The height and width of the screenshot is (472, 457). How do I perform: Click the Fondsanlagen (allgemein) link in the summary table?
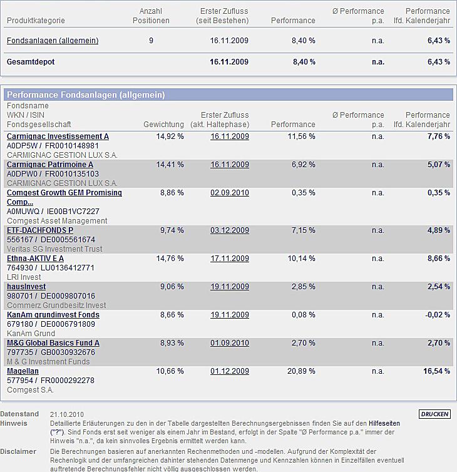coord(53,41)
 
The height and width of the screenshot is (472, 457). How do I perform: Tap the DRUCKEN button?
coord(434,414)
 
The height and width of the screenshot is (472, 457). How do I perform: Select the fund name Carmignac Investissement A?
coord(58,136)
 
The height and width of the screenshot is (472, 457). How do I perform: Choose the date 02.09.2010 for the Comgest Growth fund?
coord(230,193)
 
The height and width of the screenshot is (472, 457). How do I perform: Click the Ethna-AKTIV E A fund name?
coord(35,259)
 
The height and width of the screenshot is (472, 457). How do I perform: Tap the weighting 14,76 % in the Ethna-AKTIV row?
coord(170,259)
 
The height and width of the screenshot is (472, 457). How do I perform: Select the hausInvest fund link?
coord(26,287)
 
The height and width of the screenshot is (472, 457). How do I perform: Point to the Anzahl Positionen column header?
coord(151,16)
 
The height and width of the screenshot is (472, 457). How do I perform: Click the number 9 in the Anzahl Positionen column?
coord(151,41)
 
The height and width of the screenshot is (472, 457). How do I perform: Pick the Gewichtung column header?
coord(163,125)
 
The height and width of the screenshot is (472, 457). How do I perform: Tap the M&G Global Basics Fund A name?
coord(53,343)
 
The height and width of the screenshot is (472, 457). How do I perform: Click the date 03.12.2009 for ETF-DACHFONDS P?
coord(230,230)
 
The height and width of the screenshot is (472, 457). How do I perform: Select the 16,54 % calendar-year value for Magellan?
coord(436,371)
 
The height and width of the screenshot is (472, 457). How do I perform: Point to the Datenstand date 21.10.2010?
coord(67,414)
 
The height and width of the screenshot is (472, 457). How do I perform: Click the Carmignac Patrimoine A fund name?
coord(50,165)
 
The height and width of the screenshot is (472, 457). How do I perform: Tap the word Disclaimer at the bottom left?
coord(18,451)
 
